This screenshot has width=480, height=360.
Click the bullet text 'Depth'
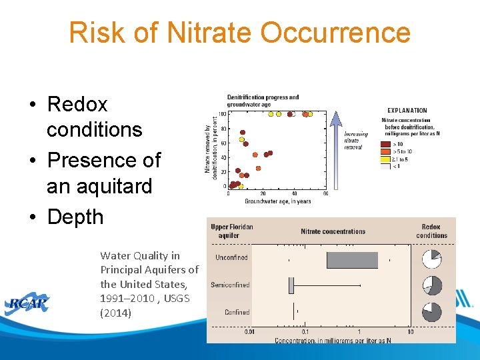coord(75,217)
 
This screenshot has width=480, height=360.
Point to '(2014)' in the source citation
coord(116,313)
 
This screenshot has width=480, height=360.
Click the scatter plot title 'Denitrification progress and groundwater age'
coord(263,101)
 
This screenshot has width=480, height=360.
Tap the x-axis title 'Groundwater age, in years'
coord(277,201)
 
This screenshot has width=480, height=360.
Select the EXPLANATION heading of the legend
coord(407,111)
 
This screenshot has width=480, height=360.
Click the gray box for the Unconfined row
coord(352,260)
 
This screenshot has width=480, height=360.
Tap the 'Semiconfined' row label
coord(230,285)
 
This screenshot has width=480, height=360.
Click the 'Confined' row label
coord(237,312)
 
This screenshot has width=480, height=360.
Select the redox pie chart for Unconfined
coord(432,259)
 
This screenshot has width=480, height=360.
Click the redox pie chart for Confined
coord(432,312)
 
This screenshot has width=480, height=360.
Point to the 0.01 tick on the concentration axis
coord(249,331)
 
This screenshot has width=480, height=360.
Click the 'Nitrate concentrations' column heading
coord(333,231)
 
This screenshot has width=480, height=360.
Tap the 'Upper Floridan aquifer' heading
coord(232,231)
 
